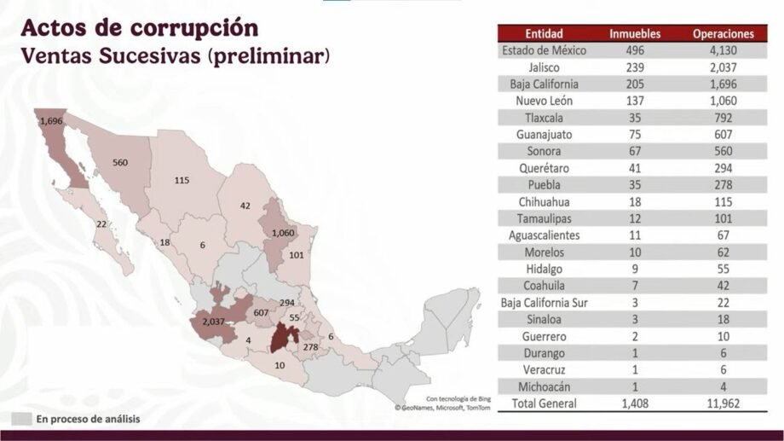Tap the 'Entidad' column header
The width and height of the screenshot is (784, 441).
(x=543, y=34)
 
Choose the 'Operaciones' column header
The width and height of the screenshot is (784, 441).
(x=723, y=34)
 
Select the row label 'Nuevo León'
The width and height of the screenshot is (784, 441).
(x=543, y=101)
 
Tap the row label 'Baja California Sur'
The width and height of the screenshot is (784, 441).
(x=543, y=303)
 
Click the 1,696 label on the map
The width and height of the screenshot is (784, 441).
(x=51, y=121)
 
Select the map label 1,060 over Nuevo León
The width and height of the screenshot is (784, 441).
(x=284, y=233)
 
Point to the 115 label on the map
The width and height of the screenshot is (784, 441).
(x=182, y=180)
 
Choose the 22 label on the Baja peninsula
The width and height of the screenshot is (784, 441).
(x=101, y=224)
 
